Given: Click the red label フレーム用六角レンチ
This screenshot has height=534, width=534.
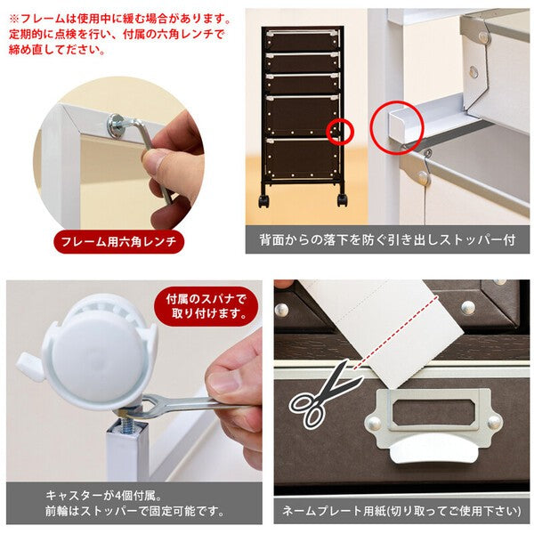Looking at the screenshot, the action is [119, 241].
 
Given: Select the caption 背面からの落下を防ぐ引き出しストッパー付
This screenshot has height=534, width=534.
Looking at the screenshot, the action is [387, 239].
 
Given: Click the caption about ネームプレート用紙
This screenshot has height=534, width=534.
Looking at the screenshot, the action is [401, 511].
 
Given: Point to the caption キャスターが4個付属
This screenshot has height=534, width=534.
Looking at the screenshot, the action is [104, 495].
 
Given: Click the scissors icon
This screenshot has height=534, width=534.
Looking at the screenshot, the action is [324, 394].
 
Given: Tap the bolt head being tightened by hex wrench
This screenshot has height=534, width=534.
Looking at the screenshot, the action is [117, 125].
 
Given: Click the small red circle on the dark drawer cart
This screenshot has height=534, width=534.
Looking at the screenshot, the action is [340, 132].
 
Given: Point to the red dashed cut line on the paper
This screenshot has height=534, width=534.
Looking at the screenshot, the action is [396, 333].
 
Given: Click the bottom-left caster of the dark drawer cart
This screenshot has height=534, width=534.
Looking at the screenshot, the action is [263, 200].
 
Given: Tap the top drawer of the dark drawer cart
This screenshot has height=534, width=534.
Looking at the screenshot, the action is [303, 41].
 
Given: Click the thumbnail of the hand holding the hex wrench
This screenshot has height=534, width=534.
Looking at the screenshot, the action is [119, 153].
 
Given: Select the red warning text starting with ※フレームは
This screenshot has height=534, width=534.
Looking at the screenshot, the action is [119, 34].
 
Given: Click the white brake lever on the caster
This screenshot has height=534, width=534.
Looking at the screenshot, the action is [30, 367].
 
